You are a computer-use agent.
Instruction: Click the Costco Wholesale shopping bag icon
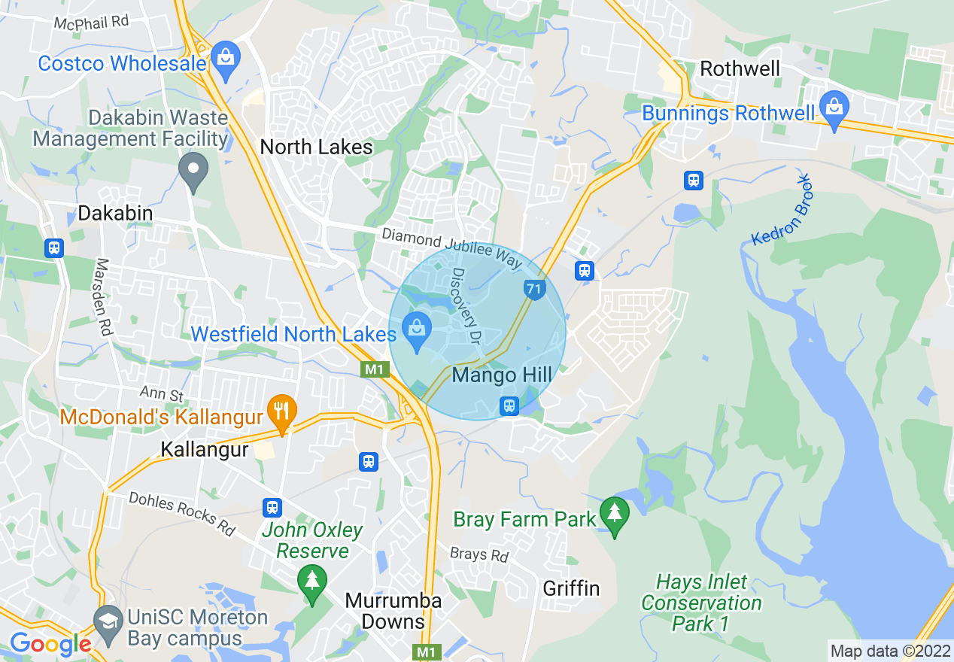[224, 57]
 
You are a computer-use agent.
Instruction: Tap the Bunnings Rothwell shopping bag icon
[834, 106]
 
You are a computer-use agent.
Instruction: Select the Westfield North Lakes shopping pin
[416, 332]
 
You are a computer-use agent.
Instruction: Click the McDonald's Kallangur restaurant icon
[282, 411]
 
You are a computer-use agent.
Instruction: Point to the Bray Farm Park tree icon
[615, 514]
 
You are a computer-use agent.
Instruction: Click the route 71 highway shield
[533, 289]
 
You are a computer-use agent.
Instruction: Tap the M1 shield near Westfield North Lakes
[375, 369]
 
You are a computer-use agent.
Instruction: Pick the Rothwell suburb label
[740, 69]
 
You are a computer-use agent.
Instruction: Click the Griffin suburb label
[571, 588]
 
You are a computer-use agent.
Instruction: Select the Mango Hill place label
[502, 375]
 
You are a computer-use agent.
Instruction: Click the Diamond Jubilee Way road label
[451, 248]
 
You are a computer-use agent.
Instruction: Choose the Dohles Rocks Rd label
[182, 514]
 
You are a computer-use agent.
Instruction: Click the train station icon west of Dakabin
[54, 248]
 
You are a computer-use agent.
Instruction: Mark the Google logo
[50, 644]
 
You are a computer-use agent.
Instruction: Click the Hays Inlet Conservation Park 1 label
[701, 603]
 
